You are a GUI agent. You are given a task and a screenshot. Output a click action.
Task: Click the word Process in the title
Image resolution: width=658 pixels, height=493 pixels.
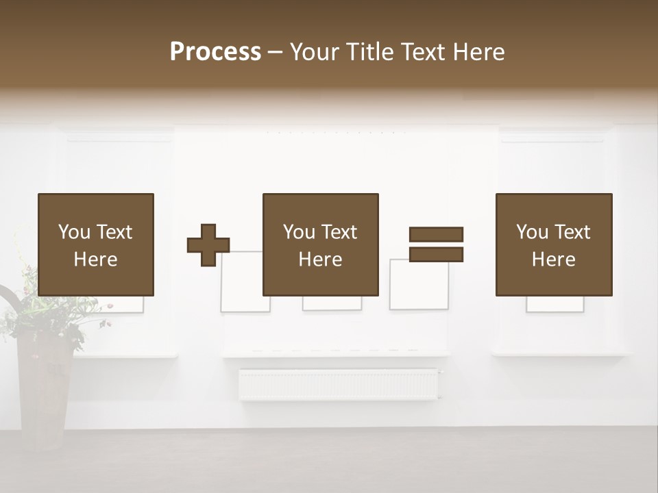(215, 52)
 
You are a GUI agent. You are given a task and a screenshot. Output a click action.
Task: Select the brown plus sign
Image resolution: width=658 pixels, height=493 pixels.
(208, 245)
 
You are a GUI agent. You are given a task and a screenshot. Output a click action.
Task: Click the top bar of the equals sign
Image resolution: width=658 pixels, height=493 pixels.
(436, 234)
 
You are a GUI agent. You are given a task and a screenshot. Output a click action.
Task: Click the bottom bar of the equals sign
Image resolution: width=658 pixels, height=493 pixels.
(436, 255)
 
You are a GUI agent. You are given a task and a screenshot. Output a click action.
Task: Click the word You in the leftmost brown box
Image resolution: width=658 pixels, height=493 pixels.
(74, 232)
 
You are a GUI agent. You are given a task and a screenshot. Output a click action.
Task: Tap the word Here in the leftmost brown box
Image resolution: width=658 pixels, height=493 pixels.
(95, 260)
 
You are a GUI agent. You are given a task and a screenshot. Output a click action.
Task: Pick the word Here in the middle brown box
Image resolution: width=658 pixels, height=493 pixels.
(320, 260)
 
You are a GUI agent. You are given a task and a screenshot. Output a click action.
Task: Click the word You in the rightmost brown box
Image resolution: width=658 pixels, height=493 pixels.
(532, 232)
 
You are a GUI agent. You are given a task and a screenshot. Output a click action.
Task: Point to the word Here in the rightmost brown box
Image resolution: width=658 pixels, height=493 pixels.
(553, 260)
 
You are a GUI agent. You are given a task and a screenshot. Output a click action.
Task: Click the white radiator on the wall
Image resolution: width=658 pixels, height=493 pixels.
(339, 384)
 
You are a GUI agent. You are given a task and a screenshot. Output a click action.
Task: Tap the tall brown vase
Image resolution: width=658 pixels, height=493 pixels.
(44, 390)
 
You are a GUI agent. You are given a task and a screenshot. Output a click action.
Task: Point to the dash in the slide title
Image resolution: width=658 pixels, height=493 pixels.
(275, 52)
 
